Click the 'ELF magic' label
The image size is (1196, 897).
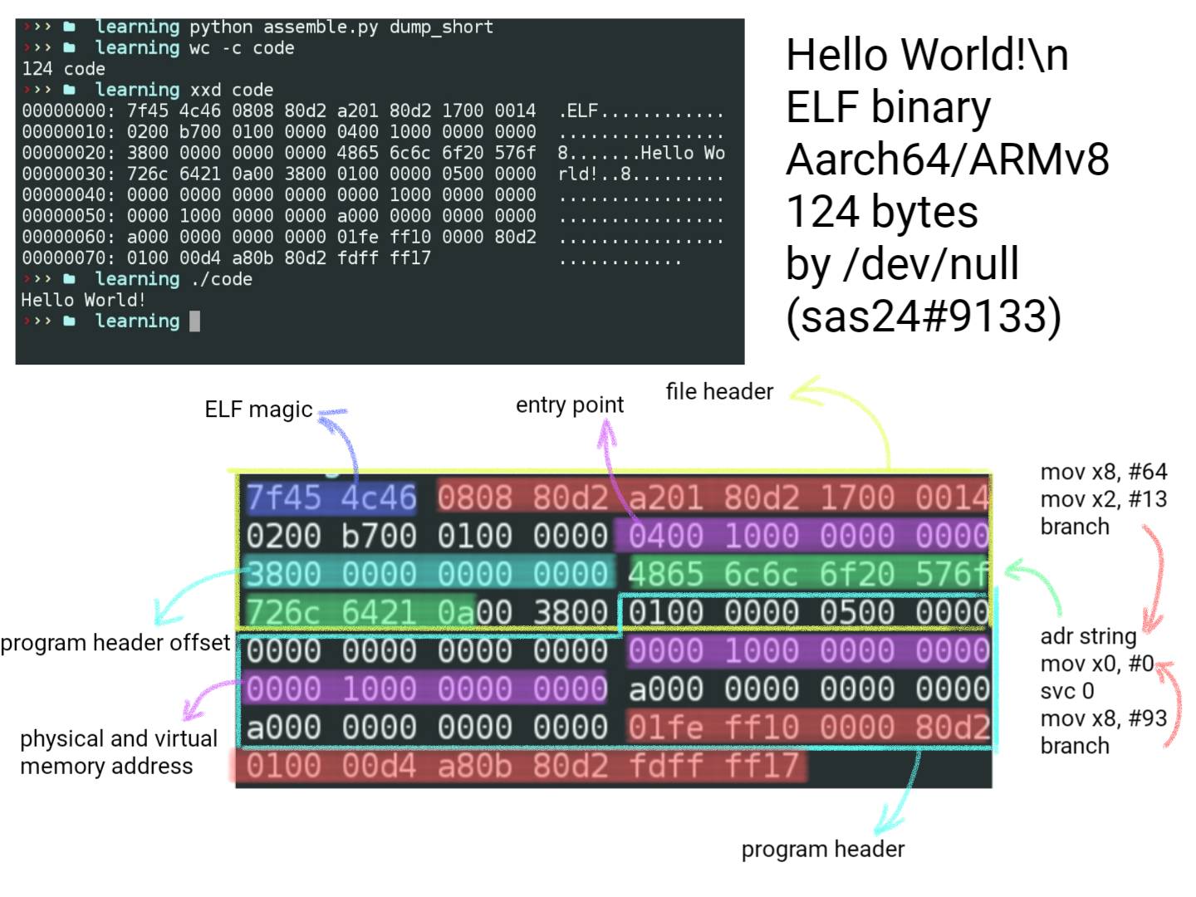[258, 409]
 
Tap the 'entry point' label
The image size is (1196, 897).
[570, 405]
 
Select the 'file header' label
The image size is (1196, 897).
[719, 391]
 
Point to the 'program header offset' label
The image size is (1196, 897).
[115, 643]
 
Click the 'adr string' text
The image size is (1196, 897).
[1088, 636]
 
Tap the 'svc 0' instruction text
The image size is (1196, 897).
[1067, 690]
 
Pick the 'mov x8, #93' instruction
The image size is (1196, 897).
[1103, 718]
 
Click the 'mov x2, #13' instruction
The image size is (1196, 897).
[1103, 499]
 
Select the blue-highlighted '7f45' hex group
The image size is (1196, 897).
[284, 498]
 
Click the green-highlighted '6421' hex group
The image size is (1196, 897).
[380, 612]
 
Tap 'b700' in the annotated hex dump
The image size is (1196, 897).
[380, 536]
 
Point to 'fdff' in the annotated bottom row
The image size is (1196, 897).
[666, 765]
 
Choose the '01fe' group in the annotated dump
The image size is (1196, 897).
[666, 727]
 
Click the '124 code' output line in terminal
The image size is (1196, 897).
[63, 69]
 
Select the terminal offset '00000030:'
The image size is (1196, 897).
[69, 174]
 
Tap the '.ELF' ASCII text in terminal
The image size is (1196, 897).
[578, 111]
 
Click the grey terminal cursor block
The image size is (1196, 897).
[194, 321]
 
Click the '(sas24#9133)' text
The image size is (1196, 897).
[924, 316]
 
